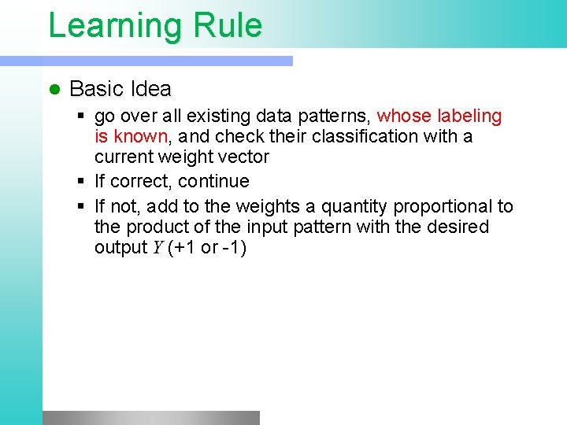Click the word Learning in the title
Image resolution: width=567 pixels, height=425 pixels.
[116, 25]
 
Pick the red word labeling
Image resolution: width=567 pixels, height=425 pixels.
[470, 116]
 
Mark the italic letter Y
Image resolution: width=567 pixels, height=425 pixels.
[156, 248]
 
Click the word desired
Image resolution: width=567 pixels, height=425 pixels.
[460, 227]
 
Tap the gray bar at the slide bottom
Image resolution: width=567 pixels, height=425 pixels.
[150, 417]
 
